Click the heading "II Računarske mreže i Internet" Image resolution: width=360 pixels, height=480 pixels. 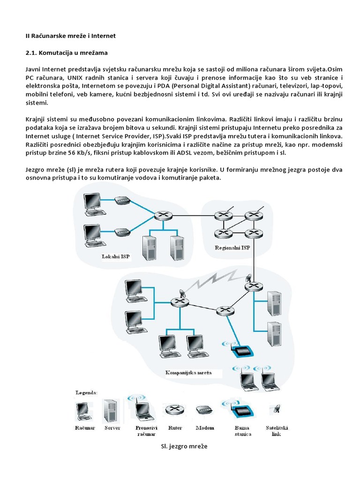(70, 36)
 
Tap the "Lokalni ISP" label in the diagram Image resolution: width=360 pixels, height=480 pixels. (116, 256)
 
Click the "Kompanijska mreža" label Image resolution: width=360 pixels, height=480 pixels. (189, 374)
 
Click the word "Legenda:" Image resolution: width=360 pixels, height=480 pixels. (87, 391)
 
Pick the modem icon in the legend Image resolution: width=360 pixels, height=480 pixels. (205, 410)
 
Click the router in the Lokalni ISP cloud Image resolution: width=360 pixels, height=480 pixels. (163, 215)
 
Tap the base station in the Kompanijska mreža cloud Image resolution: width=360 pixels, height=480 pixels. (242, 350)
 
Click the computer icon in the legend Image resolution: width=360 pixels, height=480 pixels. (84, 411)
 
